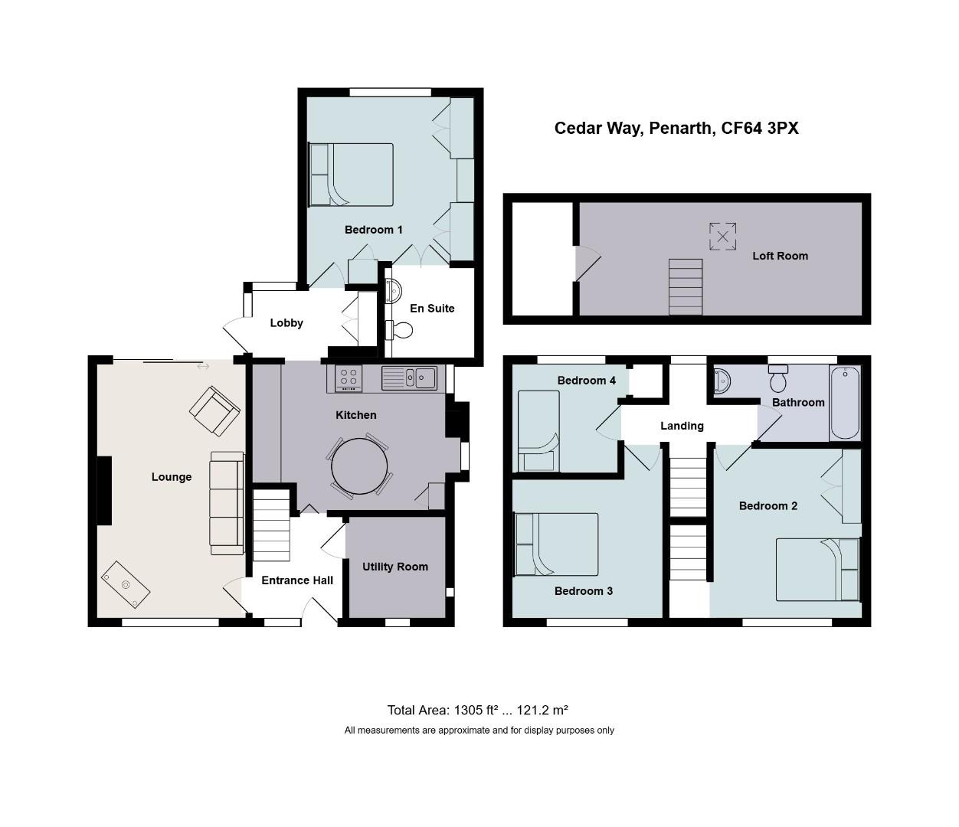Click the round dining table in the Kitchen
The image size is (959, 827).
point(358,466)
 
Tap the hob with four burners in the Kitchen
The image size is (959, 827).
point(349,378)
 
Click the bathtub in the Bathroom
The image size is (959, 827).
point(845,403)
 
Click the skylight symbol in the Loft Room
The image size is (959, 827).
point(722,237)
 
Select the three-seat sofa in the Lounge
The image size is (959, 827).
point(226,502)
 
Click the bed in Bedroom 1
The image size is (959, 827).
point(351,175)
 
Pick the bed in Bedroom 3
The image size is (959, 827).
point(557,544)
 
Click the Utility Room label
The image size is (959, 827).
point(395,567)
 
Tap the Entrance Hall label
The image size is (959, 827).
point(297,580)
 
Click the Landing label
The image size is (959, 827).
point(682,426)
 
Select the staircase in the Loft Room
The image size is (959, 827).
point(686,287)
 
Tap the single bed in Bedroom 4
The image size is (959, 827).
point(538,431)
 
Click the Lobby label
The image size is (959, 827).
point(286,323)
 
